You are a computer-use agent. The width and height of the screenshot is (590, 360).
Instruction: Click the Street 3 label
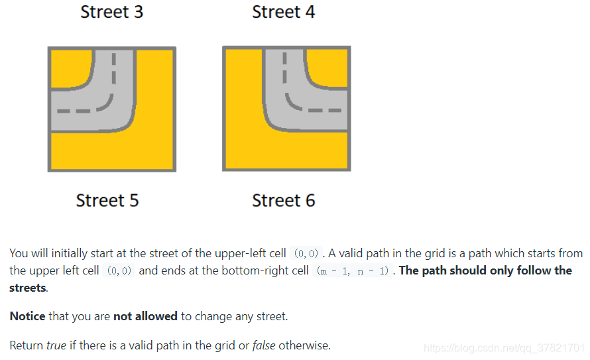pos(112,12)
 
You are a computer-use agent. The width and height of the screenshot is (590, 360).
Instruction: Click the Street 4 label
pos(283,12)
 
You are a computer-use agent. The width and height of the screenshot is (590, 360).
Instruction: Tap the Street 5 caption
pos(107,200)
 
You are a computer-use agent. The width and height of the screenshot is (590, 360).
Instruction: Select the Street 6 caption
pos(283,200)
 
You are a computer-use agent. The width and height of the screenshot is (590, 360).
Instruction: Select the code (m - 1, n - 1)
pos(353,271)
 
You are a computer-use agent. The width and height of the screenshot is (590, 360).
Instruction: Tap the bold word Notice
pos(27,316)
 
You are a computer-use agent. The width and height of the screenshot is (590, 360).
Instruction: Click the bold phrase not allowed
pos(145,316)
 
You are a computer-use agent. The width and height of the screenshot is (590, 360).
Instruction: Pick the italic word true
pos(56,345)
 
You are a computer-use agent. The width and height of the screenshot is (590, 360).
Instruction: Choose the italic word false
pos(264,345)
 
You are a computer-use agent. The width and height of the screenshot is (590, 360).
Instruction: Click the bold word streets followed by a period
pos(29,288)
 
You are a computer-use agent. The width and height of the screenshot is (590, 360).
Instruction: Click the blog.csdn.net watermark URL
pos(504,348)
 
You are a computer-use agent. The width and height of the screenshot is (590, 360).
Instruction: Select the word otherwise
pos(304,345)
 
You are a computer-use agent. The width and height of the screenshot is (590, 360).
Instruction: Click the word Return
pos(27,345)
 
